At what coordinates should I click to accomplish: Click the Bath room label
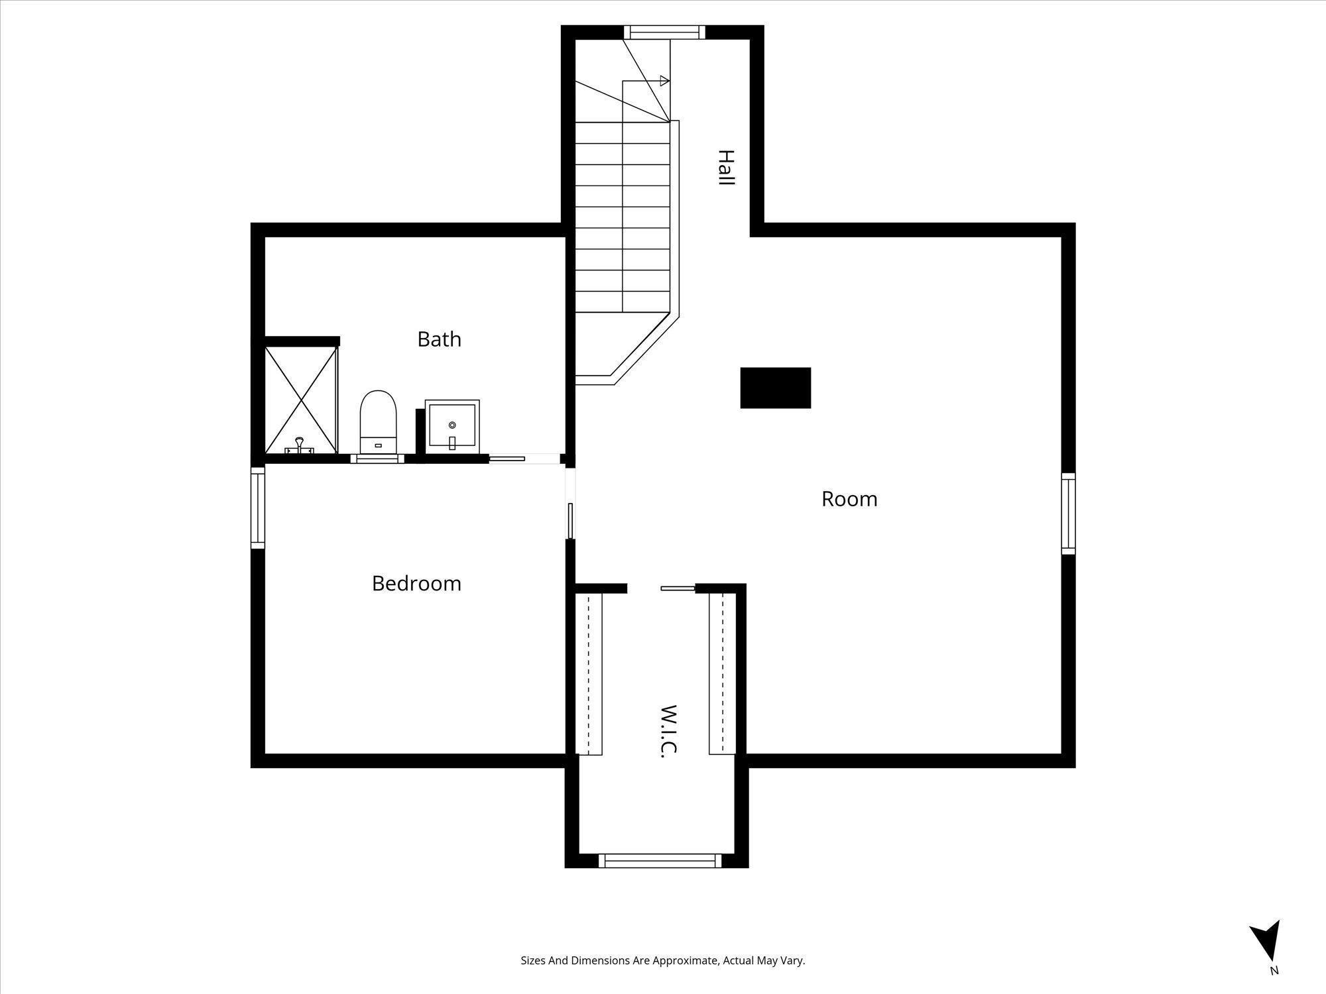point(439,339)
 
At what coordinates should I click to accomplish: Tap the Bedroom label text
point(416,583)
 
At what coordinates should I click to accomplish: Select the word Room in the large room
point(849,499)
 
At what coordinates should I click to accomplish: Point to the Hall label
point(727,167)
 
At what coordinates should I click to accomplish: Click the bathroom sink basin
point(452,426)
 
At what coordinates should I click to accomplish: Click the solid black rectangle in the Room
point(775,388)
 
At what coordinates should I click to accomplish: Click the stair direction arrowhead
point(664,82)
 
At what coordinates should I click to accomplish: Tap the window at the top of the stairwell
point(664,32)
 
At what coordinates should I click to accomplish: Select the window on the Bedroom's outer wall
point(258,508)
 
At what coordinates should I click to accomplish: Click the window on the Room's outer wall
point(1067,514)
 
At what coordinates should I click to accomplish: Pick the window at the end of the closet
point(660,860)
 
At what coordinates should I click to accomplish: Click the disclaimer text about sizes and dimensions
point(662,960)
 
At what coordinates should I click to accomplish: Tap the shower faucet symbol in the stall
point(300,445)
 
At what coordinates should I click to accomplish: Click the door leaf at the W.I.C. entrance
point(677,588)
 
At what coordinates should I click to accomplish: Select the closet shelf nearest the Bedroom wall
point(589,673)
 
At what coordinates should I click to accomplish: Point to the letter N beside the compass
point(1274,971)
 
